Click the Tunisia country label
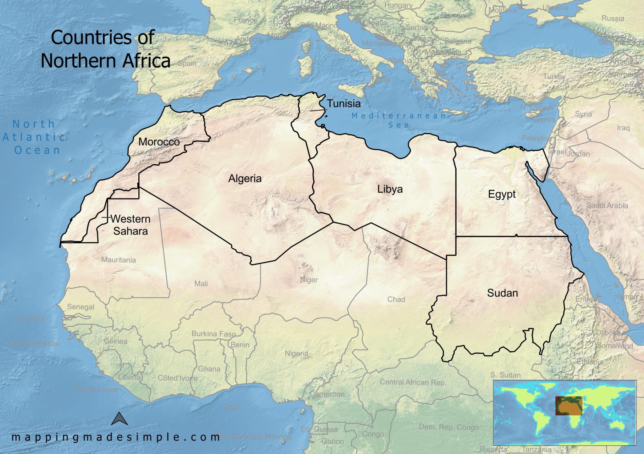pyautogui.click(x=344, y=103)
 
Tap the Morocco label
pyautogui.click(x=159, y=142)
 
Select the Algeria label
pyautogui.click(x=245, y=179)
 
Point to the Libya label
pyautogui.click(x=390, y=189)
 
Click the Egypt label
pyautogui.click(x=502, y=194)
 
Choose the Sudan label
pyautogui.click(x=502, y=293)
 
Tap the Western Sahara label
pyautogui.click(x=130, y=225)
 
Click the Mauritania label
pyautogui.click(x=119, y=260)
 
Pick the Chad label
pyautogui.click(x=396, y=299)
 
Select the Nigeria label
pyautogui.click(x=297, y=353)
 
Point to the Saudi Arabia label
pyautogui.click(x=607, y=206)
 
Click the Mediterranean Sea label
pyautogui.click(x=399, y=120)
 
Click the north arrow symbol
pyautogui.click(x=120, y=419)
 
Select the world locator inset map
pyautogui.click(x=564, y=412)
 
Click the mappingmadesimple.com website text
pyautogui.click(x=115, y=437)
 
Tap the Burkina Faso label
pyautogui.click(x=214, y=334)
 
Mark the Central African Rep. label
pyautogui.click(x=413, y=382)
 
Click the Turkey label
pyautogui.click(x=554, y=76)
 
